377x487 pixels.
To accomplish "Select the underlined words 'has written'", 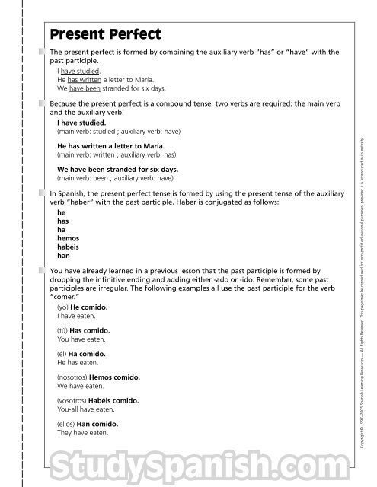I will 84,78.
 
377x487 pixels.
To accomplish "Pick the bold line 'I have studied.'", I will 81,122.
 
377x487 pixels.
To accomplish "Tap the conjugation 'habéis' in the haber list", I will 68,247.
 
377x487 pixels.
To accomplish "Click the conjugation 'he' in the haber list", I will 61,214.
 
